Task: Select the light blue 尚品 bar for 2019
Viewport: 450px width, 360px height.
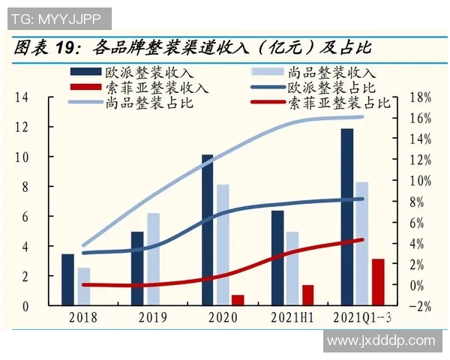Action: click(x=154, y=259)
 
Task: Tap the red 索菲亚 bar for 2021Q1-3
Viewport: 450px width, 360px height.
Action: click(x=378, y=282)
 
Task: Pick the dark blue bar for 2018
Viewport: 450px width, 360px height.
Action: click(x=67, y=280)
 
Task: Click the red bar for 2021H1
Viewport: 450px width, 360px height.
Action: click(x=307, y=295)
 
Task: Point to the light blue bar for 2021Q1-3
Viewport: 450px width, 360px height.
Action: click(x=361, y=244)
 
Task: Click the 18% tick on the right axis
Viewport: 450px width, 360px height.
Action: click(x=421, y=97)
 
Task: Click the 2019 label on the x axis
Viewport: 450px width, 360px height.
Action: click(x=153, y=317)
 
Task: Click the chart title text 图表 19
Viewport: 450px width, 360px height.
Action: click(x=45, y=49)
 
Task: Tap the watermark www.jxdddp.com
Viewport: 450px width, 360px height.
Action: click(x=381, y=340)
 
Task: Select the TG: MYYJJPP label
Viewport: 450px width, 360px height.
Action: click(x=56, y=18)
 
